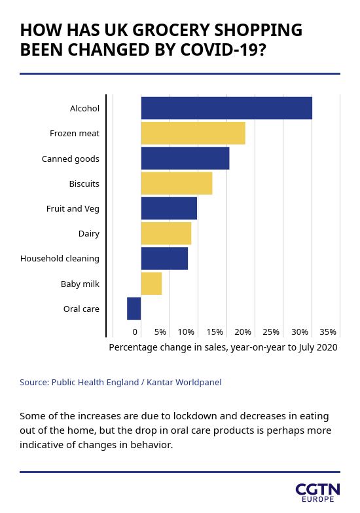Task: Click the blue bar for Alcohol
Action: pyautogui.click(x=226, y=108)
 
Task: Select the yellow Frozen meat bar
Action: pyautogui.click(x=193, y=133)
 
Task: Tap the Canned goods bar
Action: pyautogui.click(x=185, y=159)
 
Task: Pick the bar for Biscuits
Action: pyautogui.click(x=177, y=183)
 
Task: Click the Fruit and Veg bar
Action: pyautogui.click(x=169, y=208)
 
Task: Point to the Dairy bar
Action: pyautogui.click(x=166, y=233)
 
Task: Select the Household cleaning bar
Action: pyautogui.click(x=164, y=258)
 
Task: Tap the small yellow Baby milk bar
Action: pyautogui.click(x=151, y=283)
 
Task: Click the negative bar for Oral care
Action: pyautogui.click(x=134, y=309)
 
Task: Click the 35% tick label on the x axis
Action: pyautogui.click(x=328, y=332)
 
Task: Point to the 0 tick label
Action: pyautogui.click(x=135, y=332)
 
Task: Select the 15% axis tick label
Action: pyautogui.click(x=215, y=332)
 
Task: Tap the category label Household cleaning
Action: pyautogui.click(x=60, y=258)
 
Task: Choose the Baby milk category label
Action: pyautogui.click(x=80, y=284)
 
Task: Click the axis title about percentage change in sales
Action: pyautogui.click(x=223, y=347)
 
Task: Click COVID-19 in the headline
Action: pyautogui.click(x=223, y=50)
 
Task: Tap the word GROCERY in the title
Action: pyautogui.click(x=171, y=30)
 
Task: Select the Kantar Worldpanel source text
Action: pyautogui.click(x=184, y=382)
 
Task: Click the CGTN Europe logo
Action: pyautogui.click(x=318, y=493)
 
